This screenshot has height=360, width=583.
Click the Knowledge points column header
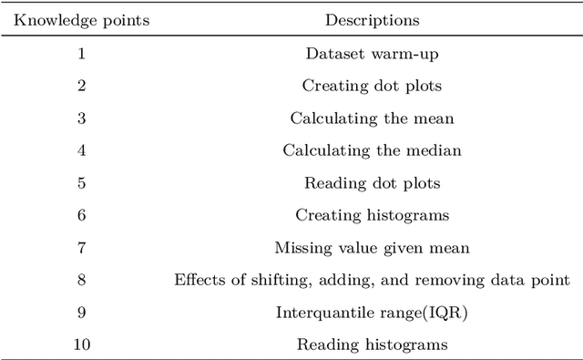click(x=80, y=18)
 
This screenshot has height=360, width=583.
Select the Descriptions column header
click(x=372, y=18)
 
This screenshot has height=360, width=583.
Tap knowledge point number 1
click(x=80, y=53)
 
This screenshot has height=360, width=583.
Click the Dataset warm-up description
click(x=372, y=53)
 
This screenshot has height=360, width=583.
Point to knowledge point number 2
click(x=80, y=86)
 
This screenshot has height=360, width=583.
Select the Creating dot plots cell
click(x=372, y=86)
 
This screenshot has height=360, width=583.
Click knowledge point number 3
click(x=80, y=118)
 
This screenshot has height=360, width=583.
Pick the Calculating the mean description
click(x=372, y=118)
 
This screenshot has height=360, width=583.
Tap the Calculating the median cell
click(x=372, y=150)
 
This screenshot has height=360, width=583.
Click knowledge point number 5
click(x=80, y=182)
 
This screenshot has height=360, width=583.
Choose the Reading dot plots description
click(x=372, y=182)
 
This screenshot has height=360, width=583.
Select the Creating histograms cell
click(x=372, y=215)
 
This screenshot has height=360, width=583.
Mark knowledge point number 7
click(x=80, y=247)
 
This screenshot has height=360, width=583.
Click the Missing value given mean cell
click(x=372, y=247)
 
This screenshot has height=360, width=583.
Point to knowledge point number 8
click(x=80, y=280)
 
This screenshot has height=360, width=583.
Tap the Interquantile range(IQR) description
click(x=372, y=312)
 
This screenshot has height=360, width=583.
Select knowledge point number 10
click(x=80, y=345)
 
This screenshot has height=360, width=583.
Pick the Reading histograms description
click(x=372, y=345)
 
